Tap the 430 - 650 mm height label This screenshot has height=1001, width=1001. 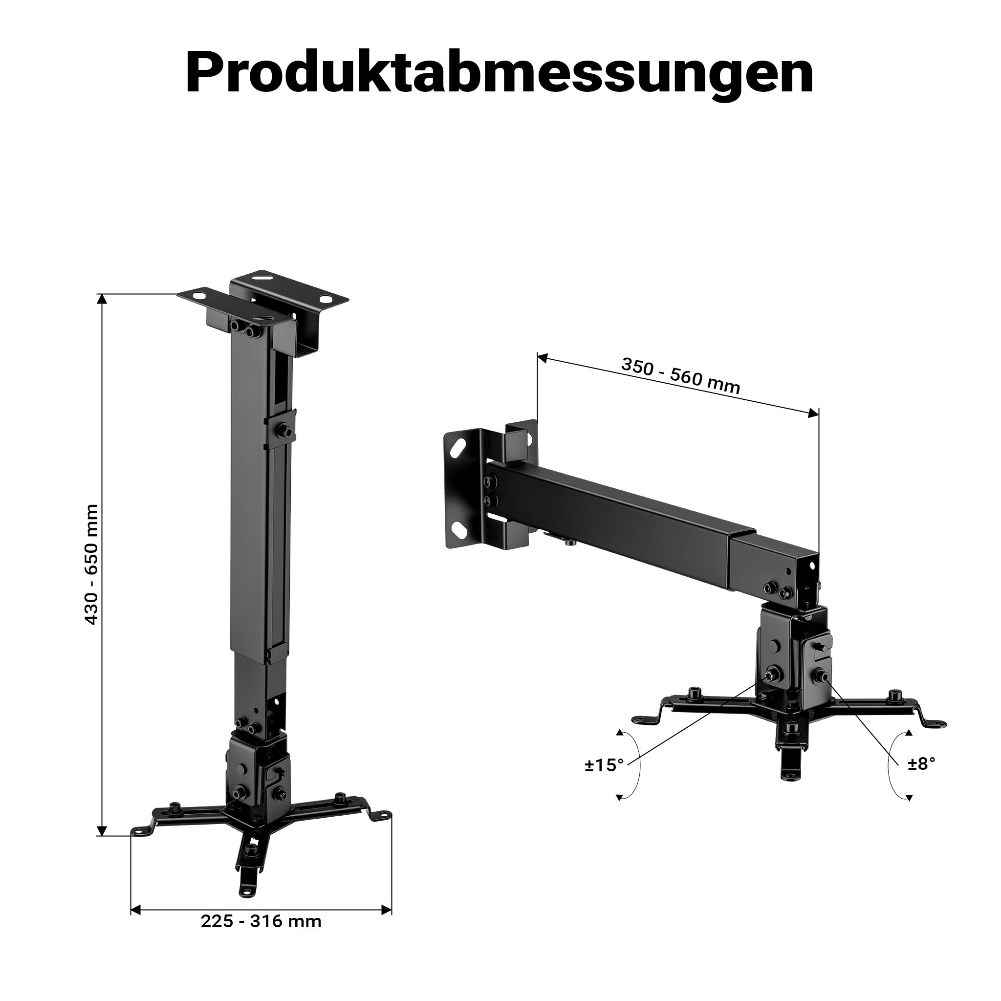click(x=91, y=565)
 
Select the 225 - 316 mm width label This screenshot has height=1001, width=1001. click(x=261, y=921)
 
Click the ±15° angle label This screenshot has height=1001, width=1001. click(x=604, y=765)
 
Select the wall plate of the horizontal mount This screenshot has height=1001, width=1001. click(x=490, y=485)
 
